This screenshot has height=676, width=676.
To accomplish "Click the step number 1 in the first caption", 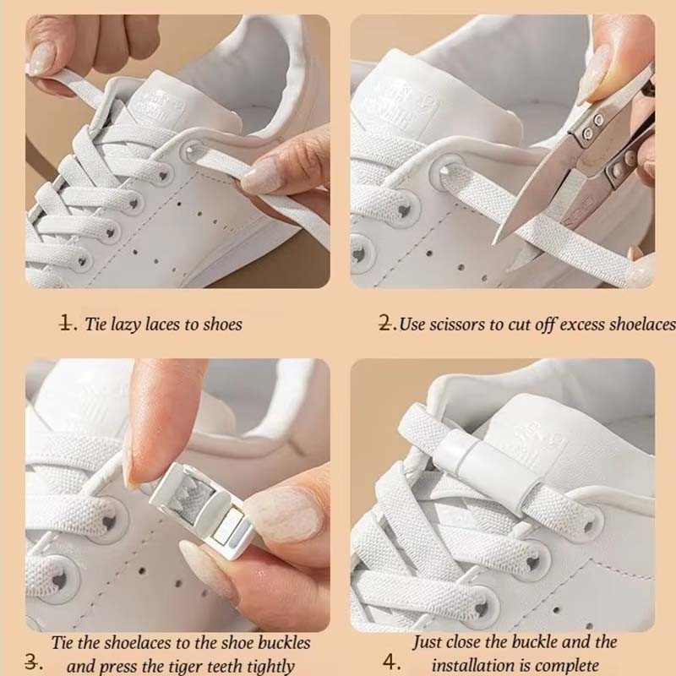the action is click(x=66, y=324).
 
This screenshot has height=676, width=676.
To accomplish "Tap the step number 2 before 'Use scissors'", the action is click(x=385, y=324).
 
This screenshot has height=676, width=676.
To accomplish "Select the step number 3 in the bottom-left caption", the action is click(x=31, y=662).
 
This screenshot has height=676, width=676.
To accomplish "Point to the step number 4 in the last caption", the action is click(x=390, y=662).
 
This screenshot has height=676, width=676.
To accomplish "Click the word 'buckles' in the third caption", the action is click(x=284, y=642).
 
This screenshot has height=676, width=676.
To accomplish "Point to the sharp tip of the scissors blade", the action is click(x=494, y=244).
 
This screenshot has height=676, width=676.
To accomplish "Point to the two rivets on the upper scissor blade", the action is click(x=592, y=127).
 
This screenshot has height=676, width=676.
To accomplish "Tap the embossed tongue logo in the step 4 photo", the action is click(x=537, y=444).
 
